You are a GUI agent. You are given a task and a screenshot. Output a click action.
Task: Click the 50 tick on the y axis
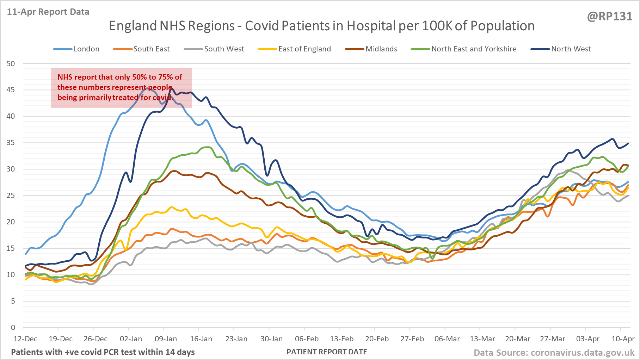point(11,64)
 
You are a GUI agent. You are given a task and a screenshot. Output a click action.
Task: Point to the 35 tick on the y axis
point(11,143)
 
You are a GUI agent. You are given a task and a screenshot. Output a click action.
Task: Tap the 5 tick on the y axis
point(13,301)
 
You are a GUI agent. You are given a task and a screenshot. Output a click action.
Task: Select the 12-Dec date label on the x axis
point(25,339)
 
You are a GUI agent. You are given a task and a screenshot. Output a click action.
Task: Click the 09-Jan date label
point(166,339)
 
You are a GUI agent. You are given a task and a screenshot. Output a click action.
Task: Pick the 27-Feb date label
point(412,339)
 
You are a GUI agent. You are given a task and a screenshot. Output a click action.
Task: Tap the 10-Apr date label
point(623,339)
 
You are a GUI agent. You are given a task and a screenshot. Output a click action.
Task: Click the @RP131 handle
point(609,17)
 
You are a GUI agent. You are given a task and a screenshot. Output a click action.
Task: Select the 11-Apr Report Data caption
point(48,12)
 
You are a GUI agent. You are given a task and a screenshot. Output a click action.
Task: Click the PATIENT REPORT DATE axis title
point(327,352)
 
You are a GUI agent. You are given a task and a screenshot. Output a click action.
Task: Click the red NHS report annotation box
point(121,88)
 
